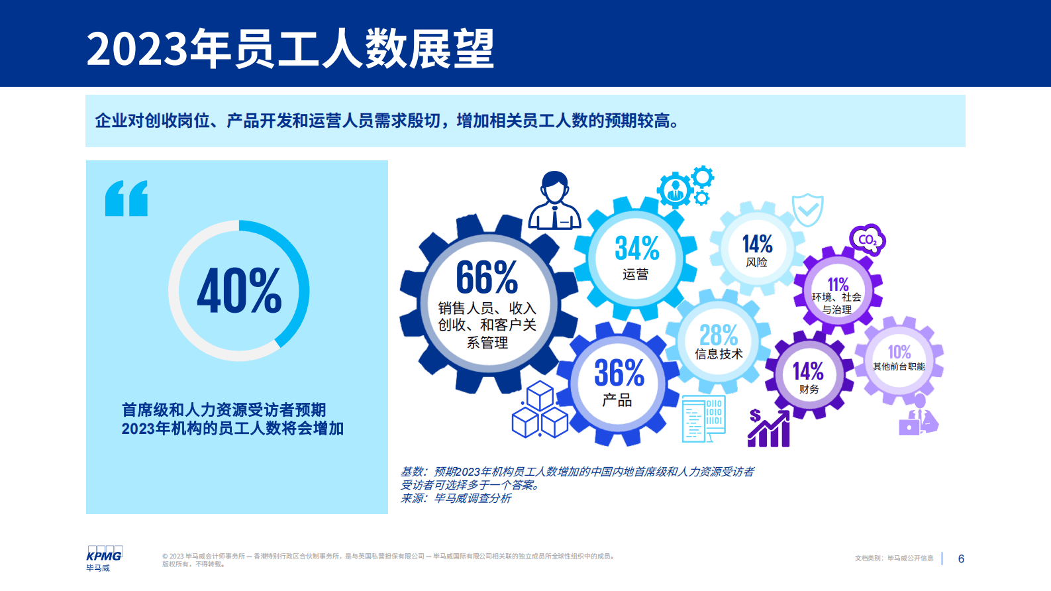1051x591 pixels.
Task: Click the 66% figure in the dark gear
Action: point(487,277)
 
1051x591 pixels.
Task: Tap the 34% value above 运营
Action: point(636,248)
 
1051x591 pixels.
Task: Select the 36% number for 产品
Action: point(619,373)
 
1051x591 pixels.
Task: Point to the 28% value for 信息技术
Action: point(719,335)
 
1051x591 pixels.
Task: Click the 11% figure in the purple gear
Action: point(838,284)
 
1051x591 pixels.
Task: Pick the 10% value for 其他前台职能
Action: point(899,352)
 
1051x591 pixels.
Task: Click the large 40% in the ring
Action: point(239,291)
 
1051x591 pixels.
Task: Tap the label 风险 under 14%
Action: point(756,262)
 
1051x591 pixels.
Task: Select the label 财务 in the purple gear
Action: point(809,389)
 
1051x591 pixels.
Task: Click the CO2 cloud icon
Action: point(867,240)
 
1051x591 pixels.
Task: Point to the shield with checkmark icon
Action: point(808,210)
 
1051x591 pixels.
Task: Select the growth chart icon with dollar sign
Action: point(769,428)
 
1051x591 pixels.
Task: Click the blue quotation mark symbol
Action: point(126,198)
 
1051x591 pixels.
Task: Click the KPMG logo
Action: point(104,555)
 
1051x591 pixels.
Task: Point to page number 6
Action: point(961,559)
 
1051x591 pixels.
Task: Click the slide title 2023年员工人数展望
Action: point(290,49)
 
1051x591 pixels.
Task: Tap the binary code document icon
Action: point(703,419)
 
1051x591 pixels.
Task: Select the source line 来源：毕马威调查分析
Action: point(456,498)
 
